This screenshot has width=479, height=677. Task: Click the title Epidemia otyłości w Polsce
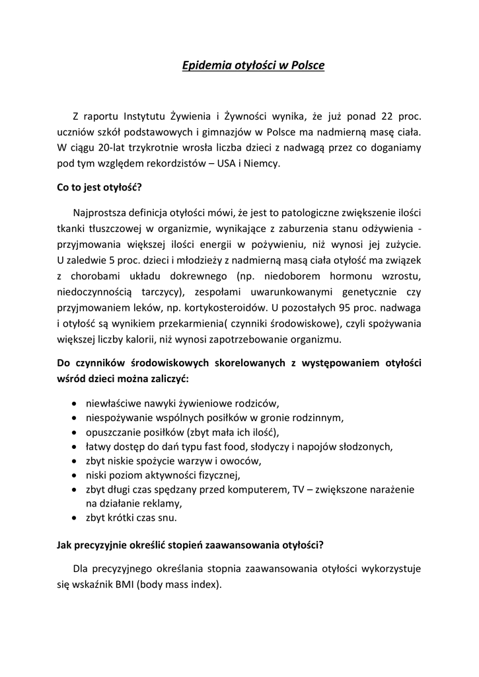coord(254,65)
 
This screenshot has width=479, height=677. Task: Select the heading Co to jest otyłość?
coord(99,186)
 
